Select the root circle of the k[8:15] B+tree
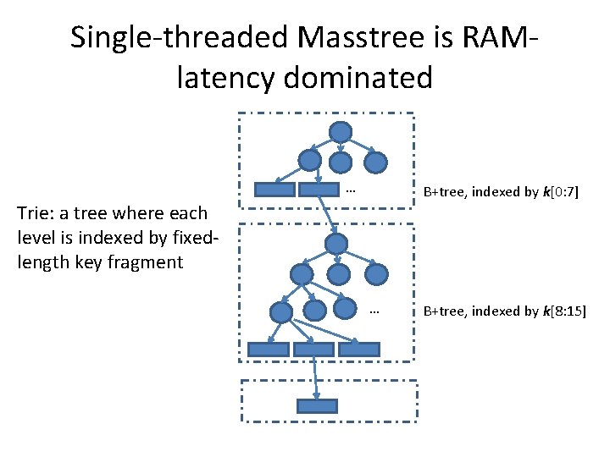pos(337,244)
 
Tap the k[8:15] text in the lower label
pos(565,311)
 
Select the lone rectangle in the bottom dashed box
pos(317,405)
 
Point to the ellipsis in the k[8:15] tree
pos(374,311)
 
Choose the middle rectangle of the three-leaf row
pos(313,349)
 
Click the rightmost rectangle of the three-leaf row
pos(358,349)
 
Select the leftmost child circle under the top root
pos(310,161)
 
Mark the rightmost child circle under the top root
pos(375,161)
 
